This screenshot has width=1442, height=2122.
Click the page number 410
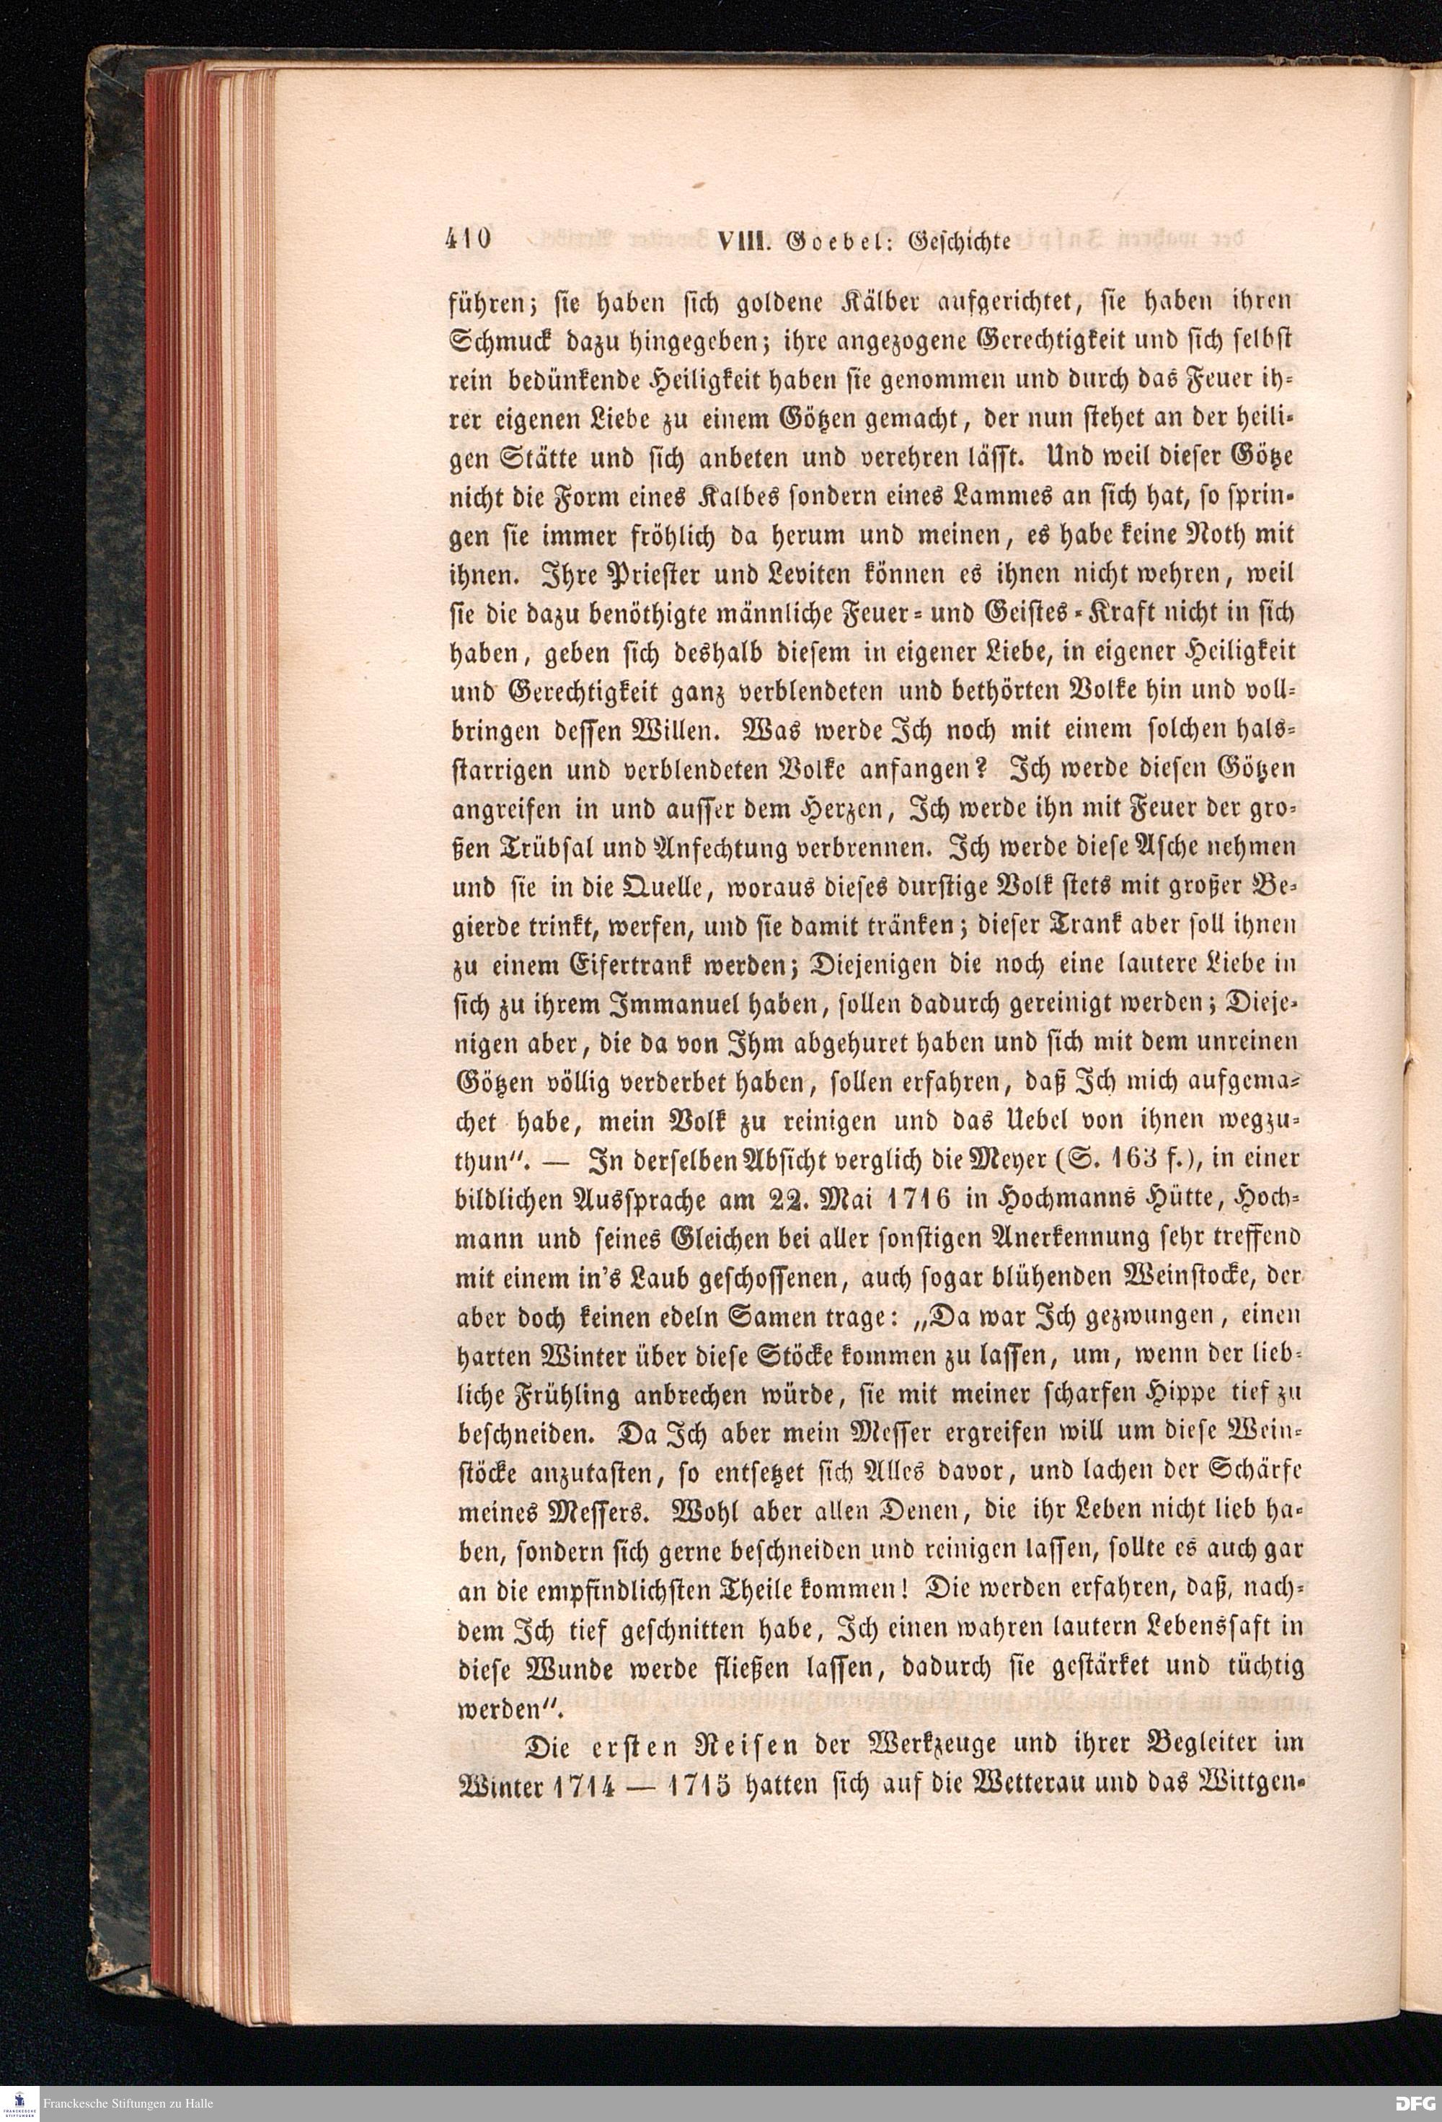(x=468, y=240)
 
